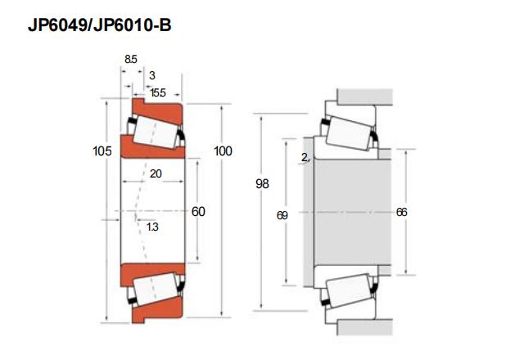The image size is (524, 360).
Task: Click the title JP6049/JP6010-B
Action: coord(101,25)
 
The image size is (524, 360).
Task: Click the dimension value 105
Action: coord(102,151)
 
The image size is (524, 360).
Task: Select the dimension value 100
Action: coord(223,151)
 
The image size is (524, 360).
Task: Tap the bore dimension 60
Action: coord(198,211)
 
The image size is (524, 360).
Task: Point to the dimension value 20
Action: coord(156,173)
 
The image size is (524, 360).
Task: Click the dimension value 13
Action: coord(151,226)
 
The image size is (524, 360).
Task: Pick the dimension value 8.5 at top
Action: coord(131,60)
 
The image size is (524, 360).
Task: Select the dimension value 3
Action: coord(152,75)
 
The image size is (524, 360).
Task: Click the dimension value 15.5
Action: coord(158,92)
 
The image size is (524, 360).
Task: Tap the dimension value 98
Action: coord(262,184)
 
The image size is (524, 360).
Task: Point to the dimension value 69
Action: coord(282,215)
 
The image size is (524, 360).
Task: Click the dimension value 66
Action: coord(401,212)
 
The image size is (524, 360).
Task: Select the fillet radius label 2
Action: coord(305,157)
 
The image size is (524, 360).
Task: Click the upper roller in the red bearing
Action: coord(156,131)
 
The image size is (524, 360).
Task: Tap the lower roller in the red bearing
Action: coord(156,290)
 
